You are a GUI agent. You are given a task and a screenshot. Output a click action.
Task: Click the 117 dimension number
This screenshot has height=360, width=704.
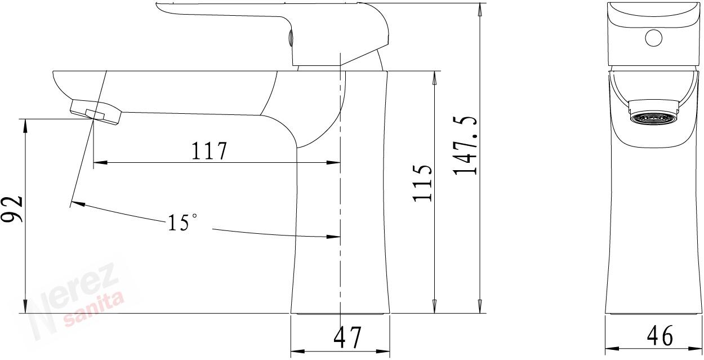(209, 151)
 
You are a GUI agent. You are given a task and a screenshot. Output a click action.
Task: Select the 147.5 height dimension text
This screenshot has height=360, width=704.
(465, 145)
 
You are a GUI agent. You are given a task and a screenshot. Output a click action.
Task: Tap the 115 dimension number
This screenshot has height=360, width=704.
(422, 183)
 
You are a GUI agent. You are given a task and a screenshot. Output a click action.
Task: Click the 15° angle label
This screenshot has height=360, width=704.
(183, 223)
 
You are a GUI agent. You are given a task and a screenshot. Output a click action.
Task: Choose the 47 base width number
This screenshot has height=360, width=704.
(347, 337)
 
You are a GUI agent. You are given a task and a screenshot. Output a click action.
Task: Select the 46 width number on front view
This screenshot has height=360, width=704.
(660, 336)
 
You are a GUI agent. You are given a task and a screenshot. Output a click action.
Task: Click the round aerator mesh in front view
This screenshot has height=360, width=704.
(653, 119)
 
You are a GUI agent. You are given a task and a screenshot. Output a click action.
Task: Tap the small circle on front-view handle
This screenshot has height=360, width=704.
(654, 38)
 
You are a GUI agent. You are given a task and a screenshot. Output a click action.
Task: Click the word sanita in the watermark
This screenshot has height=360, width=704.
(93, 310)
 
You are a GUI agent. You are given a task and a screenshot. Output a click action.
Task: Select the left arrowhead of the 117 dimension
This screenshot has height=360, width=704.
(100, 163)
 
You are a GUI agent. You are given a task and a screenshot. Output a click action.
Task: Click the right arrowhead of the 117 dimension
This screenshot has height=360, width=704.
(333, 163)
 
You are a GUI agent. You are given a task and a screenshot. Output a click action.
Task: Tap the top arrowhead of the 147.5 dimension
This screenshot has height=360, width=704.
(480, 10)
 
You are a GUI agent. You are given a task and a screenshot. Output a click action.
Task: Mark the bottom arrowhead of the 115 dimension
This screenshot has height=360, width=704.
(434, 306)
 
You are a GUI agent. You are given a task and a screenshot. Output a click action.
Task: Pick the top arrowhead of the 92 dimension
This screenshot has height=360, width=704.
(25, 126)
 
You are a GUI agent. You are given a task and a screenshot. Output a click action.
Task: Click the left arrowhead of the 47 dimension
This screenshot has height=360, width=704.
(298, 351)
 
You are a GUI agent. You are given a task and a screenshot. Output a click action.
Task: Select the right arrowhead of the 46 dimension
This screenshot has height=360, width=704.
(695, 349)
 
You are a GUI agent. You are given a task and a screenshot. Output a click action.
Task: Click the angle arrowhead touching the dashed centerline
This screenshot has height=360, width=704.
(333, 237)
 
